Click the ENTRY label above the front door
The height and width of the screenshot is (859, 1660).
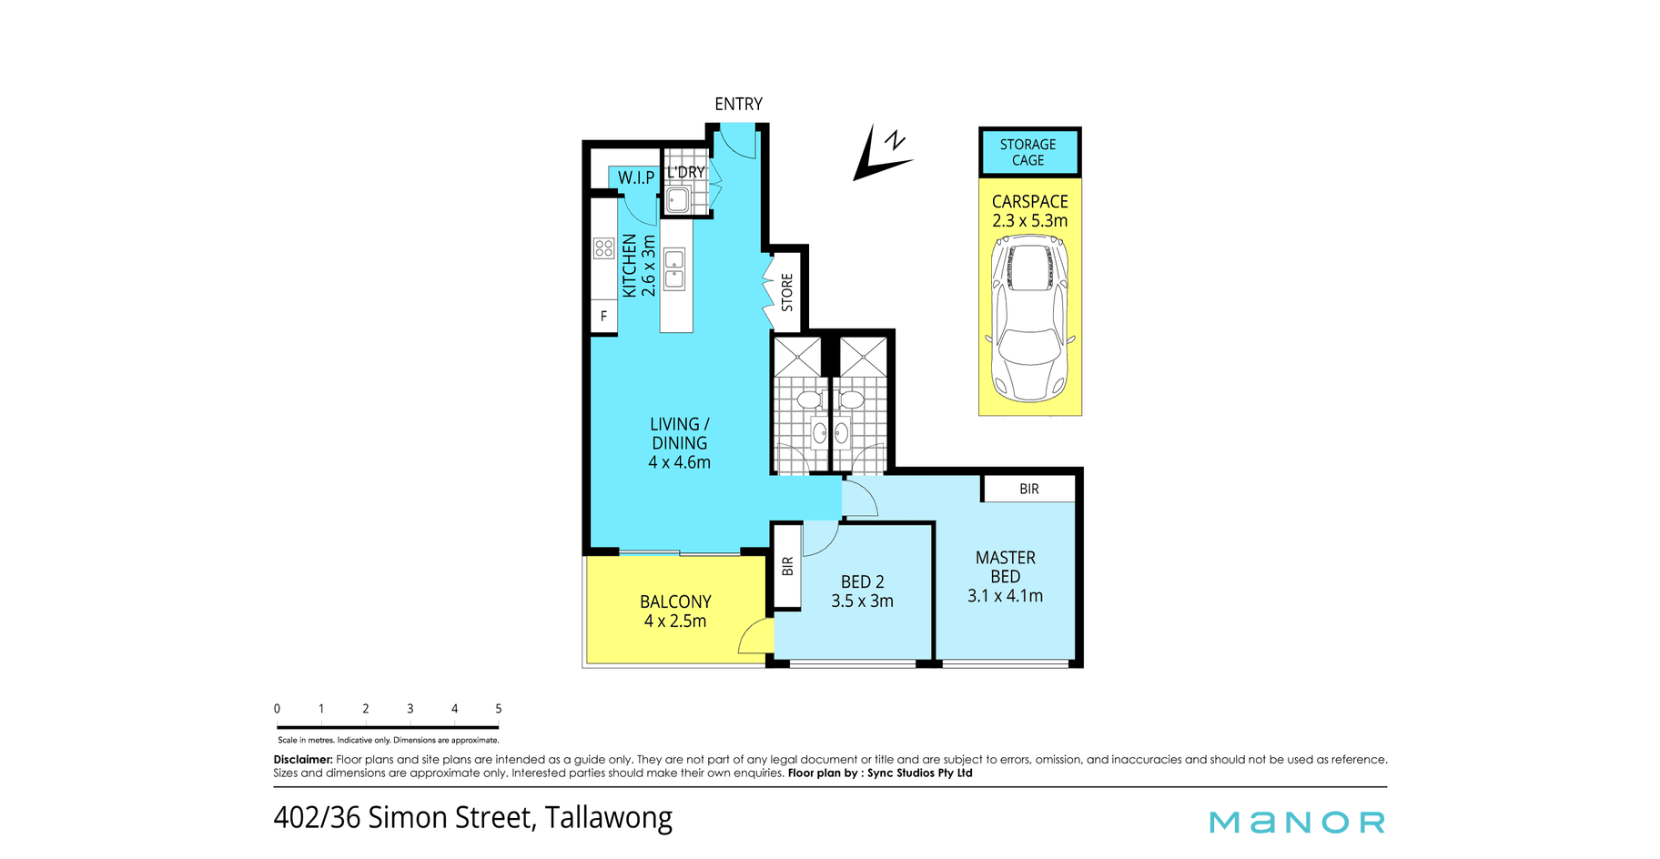[738, 104]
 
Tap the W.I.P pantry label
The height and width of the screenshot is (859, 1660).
[636, 177]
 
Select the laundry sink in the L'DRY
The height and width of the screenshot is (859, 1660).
[678, 199]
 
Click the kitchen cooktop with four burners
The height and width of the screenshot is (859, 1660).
[603, 248]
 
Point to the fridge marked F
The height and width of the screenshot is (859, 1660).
[603, 317]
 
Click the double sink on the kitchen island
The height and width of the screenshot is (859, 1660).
[674, 269]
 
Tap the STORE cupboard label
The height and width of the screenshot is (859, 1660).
[787, 292]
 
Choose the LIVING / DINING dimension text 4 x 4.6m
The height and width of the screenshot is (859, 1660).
[679, 462]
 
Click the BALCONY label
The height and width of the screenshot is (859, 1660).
[675, 601]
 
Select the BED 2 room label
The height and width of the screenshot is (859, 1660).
[862, 581]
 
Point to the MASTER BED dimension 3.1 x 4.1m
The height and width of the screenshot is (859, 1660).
[1005, 596]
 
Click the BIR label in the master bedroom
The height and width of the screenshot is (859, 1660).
[1029, 489]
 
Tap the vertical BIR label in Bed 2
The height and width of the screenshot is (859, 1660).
[787, 566]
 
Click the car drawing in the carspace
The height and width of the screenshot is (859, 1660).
[1029, 318]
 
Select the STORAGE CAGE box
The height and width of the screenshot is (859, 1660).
[1029, 152]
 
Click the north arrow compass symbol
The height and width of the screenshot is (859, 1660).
[882, 153]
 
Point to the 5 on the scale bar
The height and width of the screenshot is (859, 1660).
[498, 708]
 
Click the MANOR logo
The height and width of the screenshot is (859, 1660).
[1298, 822]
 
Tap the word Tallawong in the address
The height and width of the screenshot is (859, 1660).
[609, 817]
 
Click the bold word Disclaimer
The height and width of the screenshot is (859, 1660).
[304, 759]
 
